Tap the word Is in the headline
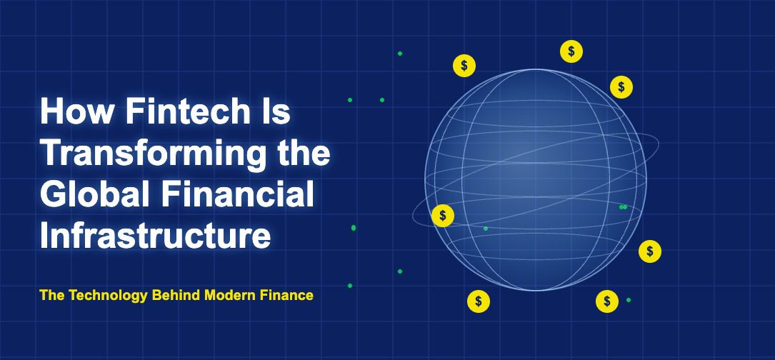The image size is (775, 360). pyautogui.click(x=276, y=111)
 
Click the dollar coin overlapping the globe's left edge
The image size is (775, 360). pyautogui.click(x=443, y=216)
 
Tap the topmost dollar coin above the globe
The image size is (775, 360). pyautogui.click(x=571, y=51)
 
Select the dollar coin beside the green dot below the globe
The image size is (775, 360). pyautogui.click(x=607, y=301)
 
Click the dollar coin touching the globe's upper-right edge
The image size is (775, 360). pyautogui.click(x=621, y=87)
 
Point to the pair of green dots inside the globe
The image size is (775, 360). pyautogui.click(x=624, y=207)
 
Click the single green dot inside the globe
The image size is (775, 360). pyautogui.click(x=486, y=229)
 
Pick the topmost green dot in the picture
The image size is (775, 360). pyautogui.click(x=400, y=54)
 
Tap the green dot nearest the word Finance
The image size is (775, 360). pyautogui.click(x=350, y=286)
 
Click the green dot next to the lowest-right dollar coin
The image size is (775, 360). pyautogui.click(x=628, y=300)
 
